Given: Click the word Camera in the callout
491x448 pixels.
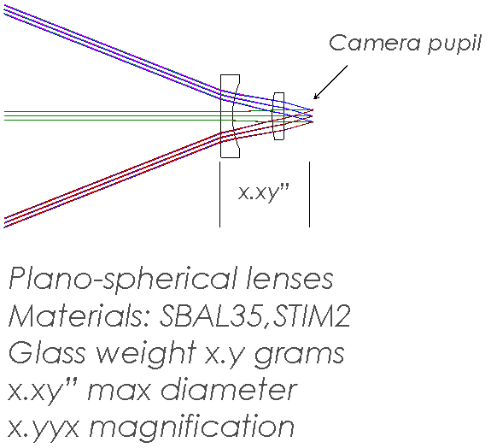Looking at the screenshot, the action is tap(375, 43).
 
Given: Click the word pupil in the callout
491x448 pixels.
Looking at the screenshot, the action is tap(454, 44).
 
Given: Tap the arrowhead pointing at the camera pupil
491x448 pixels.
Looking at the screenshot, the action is tap(316, 97).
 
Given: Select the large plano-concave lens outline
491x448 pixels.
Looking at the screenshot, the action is tap(221, 116).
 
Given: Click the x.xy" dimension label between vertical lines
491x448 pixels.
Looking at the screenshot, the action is tap(264, 193).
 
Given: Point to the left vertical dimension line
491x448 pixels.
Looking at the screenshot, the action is tap(219, 194).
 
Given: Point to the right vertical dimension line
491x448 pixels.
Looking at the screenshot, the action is tap(309, 194).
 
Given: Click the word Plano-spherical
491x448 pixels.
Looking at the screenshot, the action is tap(123, 280).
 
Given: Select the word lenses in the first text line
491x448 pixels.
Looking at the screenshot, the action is tap(289, 278).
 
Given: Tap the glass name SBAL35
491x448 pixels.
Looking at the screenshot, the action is tap(210, 315).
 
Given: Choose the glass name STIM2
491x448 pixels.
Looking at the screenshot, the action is tap(312, 315).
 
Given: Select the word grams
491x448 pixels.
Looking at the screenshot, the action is tap(300, 355).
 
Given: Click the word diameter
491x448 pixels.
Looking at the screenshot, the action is tap(228, 390).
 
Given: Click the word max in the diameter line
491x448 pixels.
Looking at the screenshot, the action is tap(120, 392).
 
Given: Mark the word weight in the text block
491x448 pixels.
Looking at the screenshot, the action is tap(146, 354).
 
